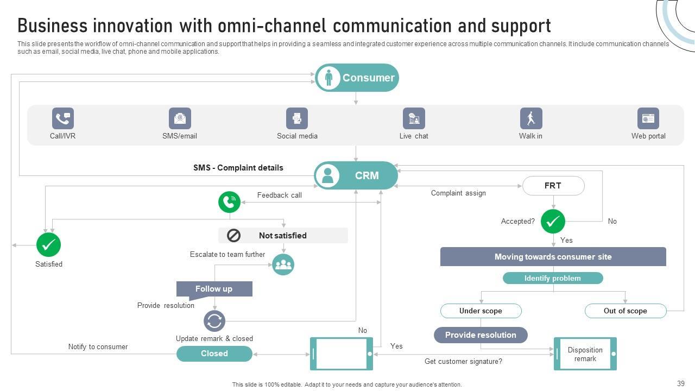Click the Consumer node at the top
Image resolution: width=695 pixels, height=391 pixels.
click(357, 78)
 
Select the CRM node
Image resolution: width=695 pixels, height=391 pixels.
click(356, 175)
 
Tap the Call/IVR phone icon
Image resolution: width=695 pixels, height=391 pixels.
click(63, 118)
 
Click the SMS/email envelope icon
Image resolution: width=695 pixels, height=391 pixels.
click(180, 118)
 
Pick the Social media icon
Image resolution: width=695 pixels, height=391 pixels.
click(297, 118)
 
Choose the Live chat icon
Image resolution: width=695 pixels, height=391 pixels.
click(414, 118)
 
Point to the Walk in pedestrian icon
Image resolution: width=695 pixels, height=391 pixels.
click(531, 118)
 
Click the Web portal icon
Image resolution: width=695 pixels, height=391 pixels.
click(648, 118)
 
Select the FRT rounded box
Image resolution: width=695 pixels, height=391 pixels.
click(553, 186)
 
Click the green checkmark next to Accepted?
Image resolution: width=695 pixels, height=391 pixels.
click(553, 221)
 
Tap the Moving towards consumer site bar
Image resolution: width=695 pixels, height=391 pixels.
click(553, 257)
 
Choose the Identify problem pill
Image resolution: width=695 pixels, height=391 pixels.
click(553, 278)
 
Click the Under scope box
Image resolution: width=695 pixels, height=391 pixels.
click(481, 311)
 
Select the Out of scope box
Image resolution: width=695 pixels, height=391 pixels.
click(625, 311)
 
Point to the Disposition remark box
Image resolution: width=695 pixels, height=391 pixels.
click(585, 354)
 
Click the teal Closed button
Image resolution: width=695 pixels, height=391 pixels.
click(214, 354)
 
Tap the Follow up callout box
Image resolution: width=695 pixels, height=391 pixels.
click(214, 289)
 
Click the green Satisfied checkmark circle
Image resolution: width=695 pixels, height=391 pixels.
click(49, 245)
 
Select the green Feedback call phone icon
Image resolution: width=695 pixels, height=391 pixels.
click(230, 202)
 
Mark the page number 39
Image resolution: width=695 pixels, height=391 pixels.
click(681, 383)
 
